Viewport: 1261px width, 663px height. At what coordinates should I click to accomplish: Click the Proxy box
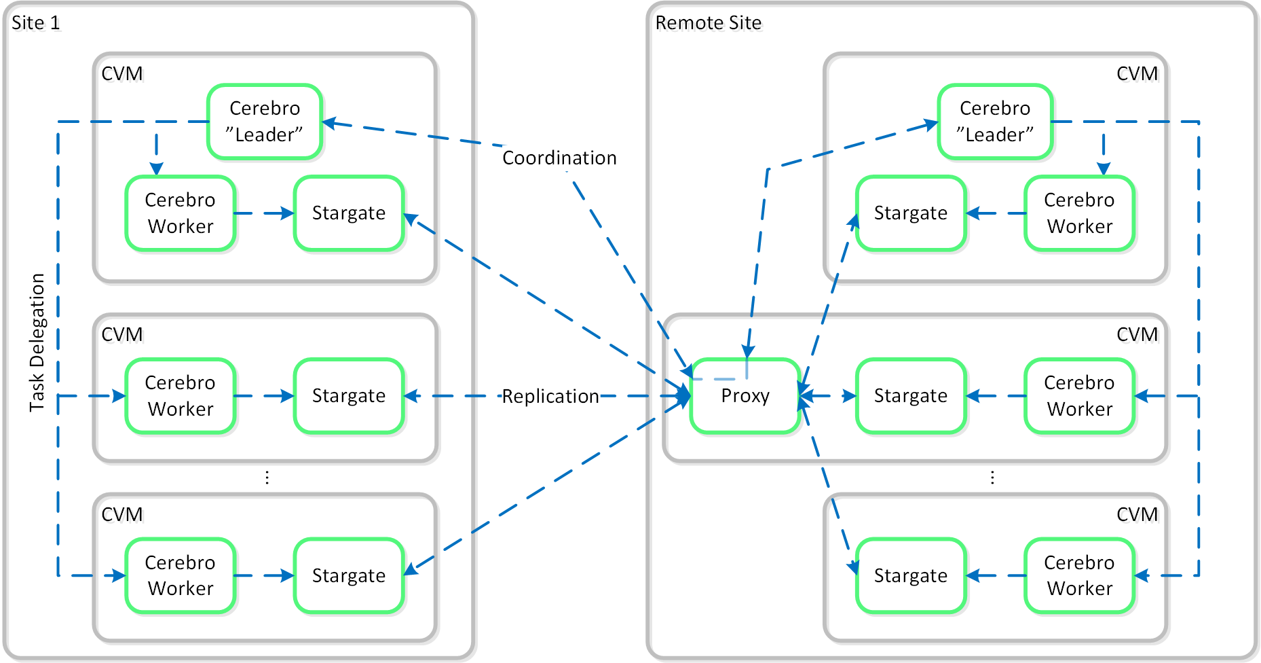(x=745, y=396)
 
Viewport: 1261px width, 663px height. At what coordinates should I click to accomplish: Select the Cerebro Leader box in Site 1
(x=265, y=122)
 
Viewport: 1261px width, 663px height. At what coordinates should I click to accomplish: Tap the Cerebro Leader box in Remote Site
(x=995, y=122)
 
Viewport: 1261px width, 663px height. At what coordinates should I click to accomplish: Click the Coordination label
(x=559, y=158)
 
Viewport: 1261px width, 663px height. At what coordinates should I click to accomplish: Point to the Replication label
(x=550, y=396)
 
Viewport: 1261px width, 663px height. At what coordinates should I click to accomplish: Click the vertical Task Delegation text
(x=37, y=342)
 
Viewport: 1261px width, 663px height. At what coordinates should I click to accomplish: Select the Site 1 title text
(x=36, y=23)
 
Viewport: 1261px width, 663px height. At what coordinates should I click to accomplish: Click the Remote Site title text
(x=708, y=23)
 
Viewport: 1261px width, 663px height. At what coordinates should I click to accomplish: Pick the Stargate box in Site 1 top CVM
(x=349, y=213)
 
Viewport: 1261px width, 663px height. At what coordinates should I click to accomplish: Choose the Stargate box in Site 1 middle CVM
(x=349, y=396)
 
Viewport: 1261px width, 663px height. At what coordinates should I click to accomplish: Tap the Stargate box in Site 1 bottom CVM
(x=349, y=576)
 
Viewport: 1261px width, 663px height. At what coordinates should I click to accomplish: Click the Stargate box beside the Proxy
(x=910, y=396)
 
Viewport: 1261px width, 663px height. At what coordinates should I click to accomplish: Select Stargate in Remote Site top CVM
(x=910, y=213)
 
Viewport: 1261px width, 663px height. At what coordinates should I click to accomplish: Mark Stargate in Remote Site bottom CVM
(x=910, y=576)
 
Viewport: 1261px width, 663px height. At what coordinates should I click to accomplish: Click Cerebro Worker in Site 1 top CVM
(x=181, y=213)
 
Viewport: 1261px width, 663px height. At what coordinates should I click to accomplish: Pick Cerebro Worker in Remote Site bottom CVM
(x=1079, y=576)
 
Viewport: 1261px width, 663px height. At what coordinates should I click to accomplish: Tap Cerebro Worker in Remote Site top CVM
(x=1079, y=213)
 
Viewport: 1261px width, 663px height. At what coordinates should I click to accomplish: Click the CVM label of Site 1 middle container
(x=122, y=335)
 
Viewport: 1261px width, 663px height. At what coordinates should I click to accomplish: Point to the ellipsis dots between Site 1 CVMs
(x=267, y=478)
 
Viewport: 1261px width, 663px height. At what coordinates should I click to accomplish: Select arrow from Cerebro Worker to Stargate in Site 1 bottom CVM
(x=265, y=576)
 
